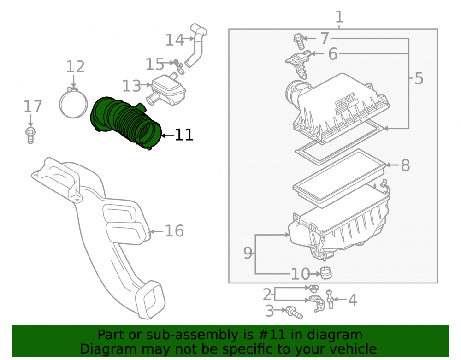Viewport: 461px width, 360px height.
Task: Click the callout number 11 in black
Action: tap(184, 135)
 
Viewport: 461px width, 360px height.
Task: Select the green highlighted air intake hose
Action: tap(126, 122)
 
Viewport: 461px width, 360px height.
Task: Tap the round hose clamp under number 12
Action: tap(73, 103)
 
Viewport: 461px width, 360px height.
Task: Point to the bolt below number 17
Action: tap(30, 135)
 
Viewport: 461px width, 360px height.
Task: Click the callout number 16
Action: tap(174, 231)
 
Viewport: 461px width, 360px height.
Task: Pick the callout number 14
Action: tap(175, 40)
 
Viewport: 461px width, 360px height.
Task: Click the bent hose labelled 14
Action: tap(196, 45)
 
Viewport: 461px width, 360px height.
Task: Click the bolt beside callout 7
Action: tap(298, 41)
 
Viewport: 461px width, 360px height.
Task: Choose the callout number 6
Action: tap(332, 54)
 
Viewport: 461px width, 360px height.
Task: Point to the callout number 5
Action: tap(419, 78)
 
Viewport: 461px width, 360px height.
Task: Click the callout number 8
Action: tap(405, 165)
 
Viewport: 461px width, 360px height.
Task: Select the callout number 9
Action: tap(248, 253)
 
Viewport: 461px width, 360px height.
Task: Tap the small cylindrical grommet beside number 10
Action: tap(326, 273)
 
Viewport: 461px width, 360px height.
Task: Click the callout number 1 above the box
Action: tap(339, 17)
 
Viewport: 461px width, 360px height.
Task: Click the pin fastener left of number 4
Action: tap(330, 299)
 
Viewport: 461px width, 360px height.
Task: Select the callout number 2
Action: tap(267, 295)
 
